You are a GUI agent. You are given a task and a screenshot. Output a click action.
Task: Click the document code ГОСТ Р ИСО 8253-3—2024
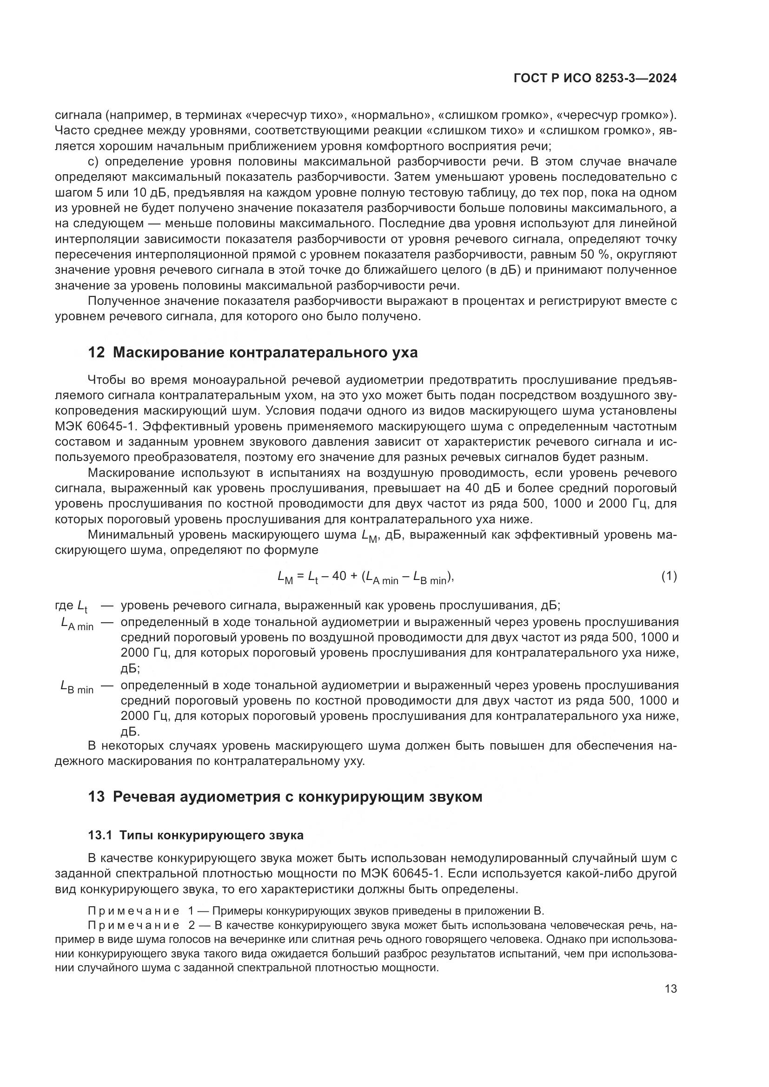coord(595,79)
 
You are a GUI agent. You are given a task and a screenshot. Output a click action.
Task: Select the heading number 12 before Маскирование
coord(96,353)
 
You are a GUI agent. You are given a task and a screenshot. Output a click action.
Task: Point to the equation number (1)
coord(669,576)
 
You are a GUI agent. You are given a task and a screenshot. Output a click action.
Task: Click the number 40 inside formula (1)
coord(339,576)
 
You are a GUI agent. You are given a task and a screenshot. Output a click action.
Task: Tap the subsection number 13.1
coord(100,835)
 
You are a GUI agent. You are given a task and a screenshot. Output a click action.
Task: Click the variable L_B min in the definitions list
coord(77,686)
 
